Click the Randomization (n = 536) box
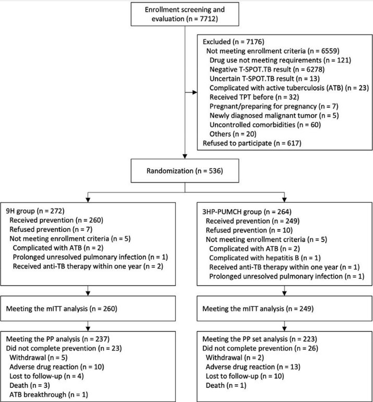click(x=185, y=170)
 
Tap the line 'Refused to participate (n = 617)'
click(x=252, y=143)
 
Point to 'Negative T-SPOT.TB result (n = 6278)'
click(x=267, y=69)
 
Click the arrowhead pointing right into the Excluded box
click(x=195, y=92)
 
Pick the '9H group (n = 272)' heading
click(x=35, y=211)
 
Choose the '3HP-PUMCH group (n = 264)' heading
click(x=247, y=212)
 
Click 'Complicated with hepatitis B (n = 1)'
click(x=265, y=258)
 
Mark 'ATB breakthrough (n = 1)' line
click(x=49, y=395)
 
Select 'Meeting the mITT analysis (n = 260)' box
click(x=88, y=309)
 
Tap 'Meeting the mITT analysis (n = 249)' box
click(x=284, y=309)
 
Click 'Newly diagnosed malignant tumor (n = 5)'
click(x=274, y=116)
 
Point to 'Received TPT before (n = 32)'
click(x=254, y=97)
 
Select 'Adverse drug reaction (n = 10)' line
click(x=57, y=367)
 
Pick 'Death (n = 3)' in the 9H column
click(x=30, y=385)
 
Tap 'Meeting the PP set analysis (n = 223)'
click(x=260, y=339)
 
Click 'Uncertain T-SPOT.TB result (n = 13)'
click(x=264, y=79)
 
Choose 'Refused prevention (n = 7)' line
click(x=51, y=229)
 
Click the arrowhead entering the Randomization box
click(x=185, y=156)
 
